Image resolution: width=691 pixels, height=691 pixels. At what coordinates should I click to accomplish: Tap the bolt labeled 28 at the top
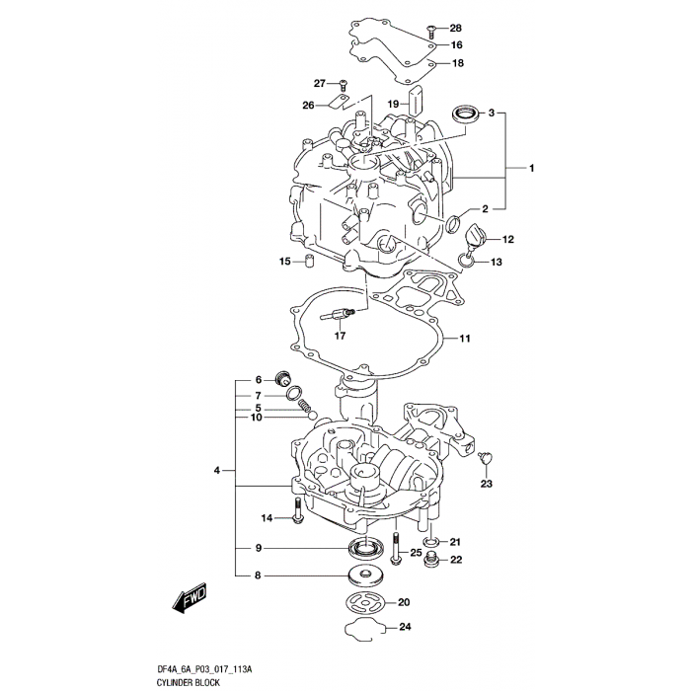432,31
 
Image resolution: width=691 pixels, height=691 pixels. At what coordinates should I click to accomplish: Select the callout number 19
392,104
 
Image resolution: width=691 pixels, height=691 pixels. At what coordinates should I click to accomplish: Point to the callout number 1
530,169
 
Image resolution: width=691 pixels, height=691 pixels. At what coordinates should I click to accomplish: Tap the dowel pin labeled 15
307,263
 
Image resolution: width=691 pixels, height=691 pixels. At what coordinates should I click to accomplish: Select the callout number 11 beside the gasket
464,339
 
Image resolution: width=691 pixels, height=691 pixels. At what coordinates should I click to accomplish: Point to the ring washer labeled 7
292,396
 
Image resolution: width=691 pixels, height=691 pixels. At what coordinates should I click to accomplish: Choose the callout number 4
216,472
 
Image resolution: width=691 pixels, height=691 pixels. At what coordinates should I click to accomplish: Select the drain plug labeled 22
431,561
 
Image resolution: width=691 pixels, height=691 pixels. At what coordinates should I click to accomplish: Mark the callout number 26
308,105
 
